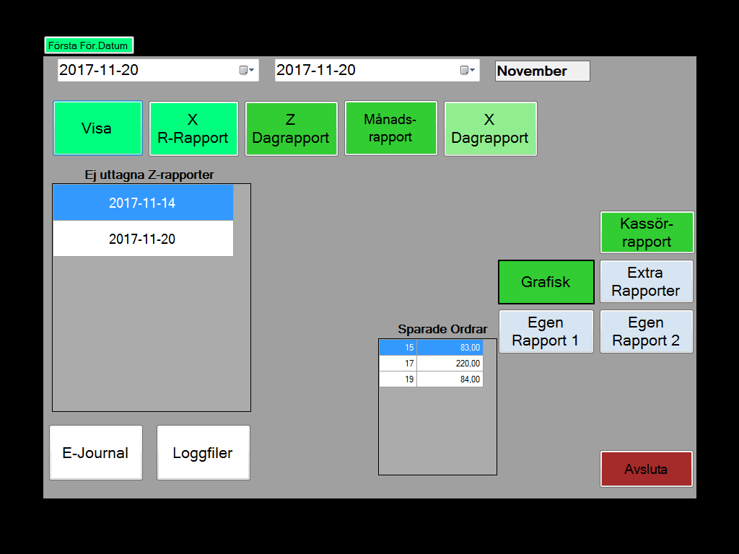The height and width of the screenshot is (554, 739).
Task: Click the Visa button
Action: pyautogui.click(x=97, y=128)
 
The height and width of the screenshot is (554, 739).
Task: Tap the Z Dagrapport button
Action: pyautogui.click(x=292, y=128)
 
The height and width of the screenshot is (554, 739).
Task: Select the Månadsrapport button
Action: pyautogui.click(x=390, y=128)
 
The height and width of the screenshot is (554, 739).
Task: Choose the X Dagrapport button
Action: pyautogui.click(x=490, y=128)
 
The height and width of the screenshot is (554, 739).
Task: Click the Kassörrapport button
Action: pyautogui.click(x=647, y=232)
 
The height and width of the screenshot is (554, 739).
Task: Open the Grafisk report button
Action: pyautogui.click(x=546, y=282)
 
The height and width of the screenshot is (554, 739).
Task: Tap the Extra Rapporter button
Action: pyautogui.click(x=646, y=281)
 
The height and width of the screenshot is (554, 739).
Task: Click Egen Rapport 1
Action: pyautogui.click(x=546, y=331)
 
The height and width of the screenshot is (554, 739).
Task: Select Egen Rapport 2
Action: pyautogui.click(x=646, y=331)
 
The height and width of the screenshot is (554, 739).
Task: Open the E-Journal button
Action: pyautogui.click(x=96, y=453)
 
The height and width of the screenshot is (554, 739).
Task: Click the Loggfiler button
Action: pyautogui.click(x=203, y=453)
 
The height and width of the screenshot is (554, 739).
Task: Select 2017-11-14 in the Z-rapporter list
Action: pyautogui.click(x=143, y=203)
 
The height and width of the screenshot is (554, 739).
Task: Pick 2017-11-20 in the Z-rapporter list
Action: pyautogui.click(x=143, y=238)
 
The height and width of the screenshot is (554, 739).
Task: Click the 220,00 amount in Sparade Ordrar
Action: pyautogui.click(x=450, y=364)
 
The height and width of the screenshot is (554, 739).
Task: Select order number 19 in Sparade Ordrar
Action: pyautogui.click(x=398, y=379)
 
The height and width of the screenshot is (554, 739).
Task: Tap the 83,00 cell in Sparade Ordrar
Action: pyautogui.click(x=450, y=348)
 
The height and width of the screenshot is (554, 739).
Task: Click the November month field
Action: pyautogui.click(x=543, y=71)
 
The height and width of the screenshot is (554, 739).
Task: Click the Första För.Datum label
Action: pyautogui.click(x=89, y=45)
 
